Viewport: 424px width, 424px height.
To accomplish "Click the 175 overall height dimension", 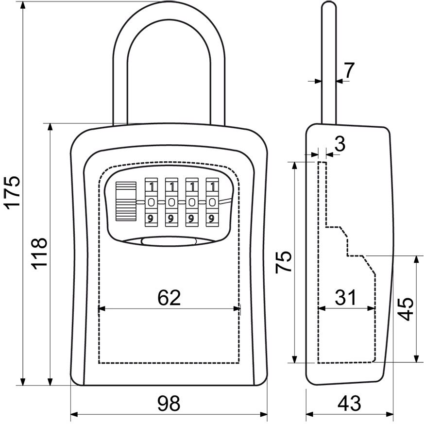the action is pos(12,193).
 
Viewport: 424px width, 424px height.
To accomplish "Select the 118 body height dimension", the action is pos(39,254).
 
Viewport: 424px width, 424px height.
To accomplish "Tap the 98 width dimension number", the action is pos(169,403).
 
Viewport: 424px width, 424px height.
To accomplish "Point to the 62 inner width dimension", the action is pos(169,297).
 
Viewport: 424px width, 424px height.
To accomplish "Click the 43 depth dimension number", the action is pos(349,403).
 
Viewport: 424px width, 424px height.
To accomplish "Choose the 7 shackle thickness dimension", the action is pos(349,70).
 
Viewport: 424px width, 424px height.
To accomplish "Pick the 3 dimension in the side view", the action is pos(340,144).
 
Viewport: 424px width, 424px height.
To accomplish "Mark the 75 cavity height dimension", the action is pos(284,262).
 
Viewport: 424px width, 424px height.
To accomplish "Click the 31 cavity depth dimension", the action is pos(346,297).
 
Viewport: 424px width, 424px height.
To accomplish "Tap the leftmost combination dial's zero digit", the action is pos(152,202).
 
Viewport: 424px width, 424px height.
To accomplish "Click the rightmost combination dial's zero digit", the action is pos(212,202).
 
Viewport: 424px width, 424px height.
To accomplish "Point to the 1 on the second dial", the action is pos(172,187).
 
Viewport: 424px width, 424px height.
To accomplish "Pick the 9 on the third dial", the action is pos(192,219).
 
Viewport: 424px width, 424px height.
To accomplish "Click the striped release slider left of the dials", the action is pos(126,201).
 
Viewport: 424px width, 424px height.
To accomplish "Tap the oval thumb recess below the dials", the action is pos(169,241).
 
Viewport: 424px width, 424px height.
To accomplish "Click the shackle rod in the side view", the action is pos(328,63).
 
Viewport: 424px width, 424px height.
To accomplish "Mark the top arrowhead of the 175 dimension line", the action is pos(23,5).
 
